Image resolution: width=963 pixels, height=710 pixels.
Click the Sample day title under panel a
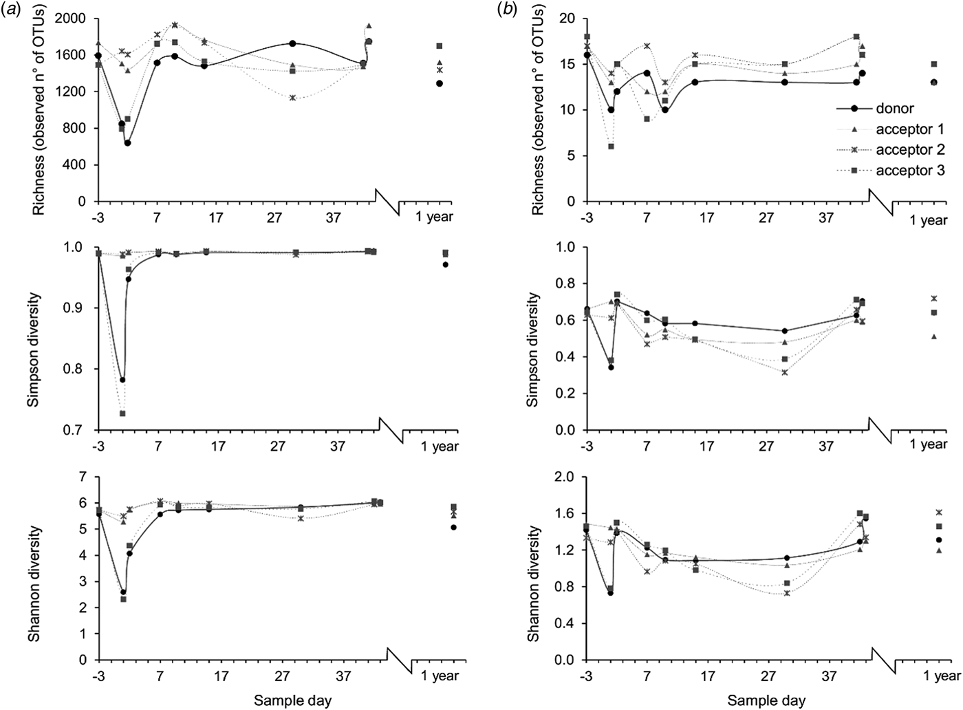pyautogui.click(x=293, y=700)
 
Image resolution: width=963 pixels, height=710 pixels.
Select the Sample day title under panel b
pyautogui.click(x=767, y=700)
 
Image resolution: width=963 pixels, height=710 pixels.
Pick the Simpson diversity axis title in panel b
pyautogui.click(x=532, y=349)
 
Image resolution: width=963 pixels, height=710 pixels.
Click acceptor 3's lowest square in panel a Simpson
pyautogui.click(x=122, y=413)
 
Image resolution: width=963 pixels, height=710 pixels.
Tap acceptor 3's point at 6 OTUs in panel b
pyautogui.click(x=611, y=147)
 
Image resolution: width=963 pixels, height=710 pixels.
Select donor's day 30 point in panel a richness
pyautogui.click(x=293, y=43)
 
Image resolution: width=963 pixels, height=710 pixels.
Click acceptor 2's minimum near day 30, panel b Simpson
pyautogui.click(x=785, y=372)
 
